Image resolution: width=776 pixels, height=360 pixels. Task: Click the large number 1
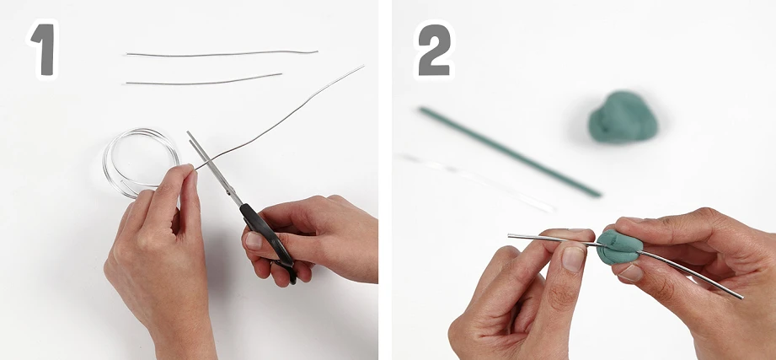point(45,50)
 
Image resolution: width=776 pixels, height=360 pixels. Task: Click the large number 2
point(434,50)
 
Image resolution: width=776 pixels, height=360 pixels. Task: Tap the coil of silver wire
point(141,163)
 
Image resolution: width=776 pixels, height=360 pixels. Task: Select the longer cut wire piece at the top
point(222,53)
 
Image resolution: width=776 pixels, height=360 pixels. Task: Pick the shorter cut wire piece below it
point(204,80)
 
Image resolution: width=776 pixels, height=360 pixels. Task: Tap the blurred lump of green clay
point(623,117)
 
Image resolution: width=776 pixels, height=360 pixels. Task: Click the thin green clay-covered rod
point(510,152)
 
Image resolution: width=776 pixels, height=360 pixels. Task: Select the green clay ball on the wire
point(619,246)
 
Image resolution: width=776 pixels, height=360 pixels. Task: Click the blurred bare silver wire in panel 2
point(478,182)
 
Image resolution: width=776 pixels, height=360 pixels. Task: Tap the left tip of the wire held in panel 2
point(509,236)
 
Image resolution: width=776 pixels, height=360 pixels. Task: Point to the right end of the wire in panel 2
point(741,297)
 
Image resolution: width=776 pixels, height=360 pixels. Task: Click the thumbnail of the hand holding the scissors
point(253,240)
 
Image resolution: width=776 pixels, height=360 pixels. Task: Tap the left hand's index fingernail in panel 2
point(574,259)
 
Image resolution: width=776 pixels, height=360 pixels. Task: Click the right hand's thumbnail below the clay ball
point(630,273)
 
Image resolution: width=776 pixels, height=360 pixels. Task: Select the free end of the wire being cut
point(363,66)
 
